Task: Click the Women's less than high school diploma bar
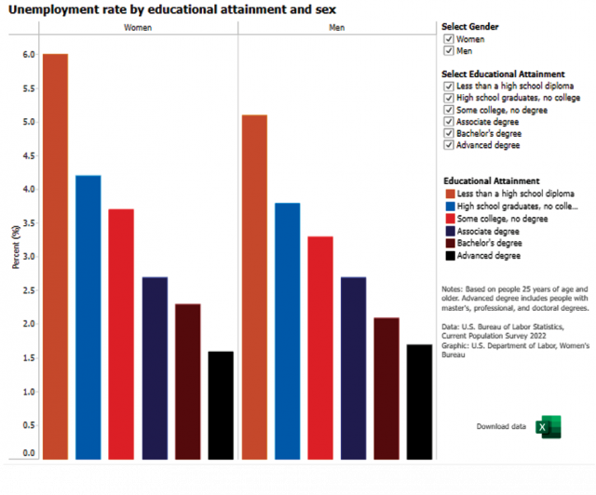coord(56,257)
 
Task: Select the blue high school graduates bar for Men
coord(288,331)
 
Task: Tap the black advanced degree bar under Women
coord(221,406)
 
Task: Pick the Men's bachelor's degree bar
coord(386,389)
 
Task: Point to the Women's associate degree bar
coord(156,368)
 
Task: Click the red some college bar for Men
coord(320,348)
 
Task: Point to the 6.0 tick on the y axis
coord(29,55)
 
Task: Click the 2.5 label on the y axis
coord(29,290)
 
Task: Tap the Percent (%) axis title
coord(16,247)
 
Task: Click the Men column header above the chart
coord(337,28)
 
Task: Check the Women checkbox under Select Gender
coord(449,39)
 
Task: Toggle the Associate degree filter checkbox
coord(449,122)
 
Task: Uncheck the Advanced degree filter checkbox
coord(449,145)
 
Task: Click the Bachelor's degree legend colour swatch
coord(451,243)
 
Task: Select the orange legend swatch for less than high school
coord(451,194)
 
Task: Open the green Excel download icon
coord(549,427)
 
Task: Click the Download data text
coord(501,427)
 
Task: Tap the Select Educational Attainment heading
coord(503,74)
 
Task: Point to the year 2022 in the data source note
coord(537,336)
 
